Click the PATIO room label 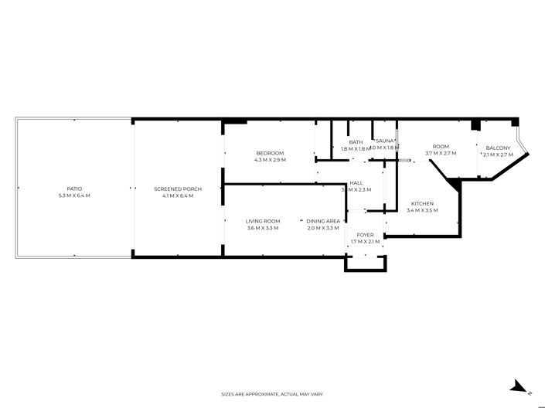pos(74,189)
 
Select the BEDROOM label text pos(270,153)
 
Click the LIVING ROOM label pos(263,221)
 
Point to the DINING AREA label pos(323,221)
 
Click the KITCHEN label pos(422,203)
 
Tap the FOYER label pos(365,235)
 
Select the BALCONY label pos(498,148)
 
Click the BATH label pos(356,141)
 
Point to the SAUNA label pos(384,141)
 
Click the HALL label pos(356,183)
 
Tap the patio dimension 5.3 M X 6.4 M pos(74,195)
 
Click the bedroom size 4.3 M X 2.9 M pos(270,160)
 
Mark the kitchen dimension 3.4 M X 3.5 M pos(422,210)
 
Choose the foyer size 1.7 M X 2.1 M pos(365,242)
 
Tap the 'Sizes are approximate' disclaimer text pos(272,394)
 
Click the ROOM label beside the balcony pos(441,147)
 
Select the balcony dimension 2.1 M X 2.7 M pos(498,155)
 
